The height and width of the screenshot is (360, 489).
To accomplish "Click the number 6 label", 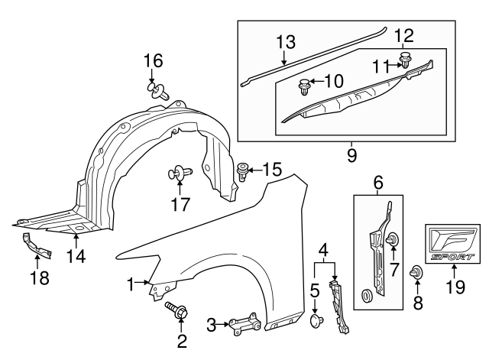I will coord(378,183).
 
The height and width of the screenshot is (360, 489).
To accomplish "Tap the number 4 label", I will coord(326,249).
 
